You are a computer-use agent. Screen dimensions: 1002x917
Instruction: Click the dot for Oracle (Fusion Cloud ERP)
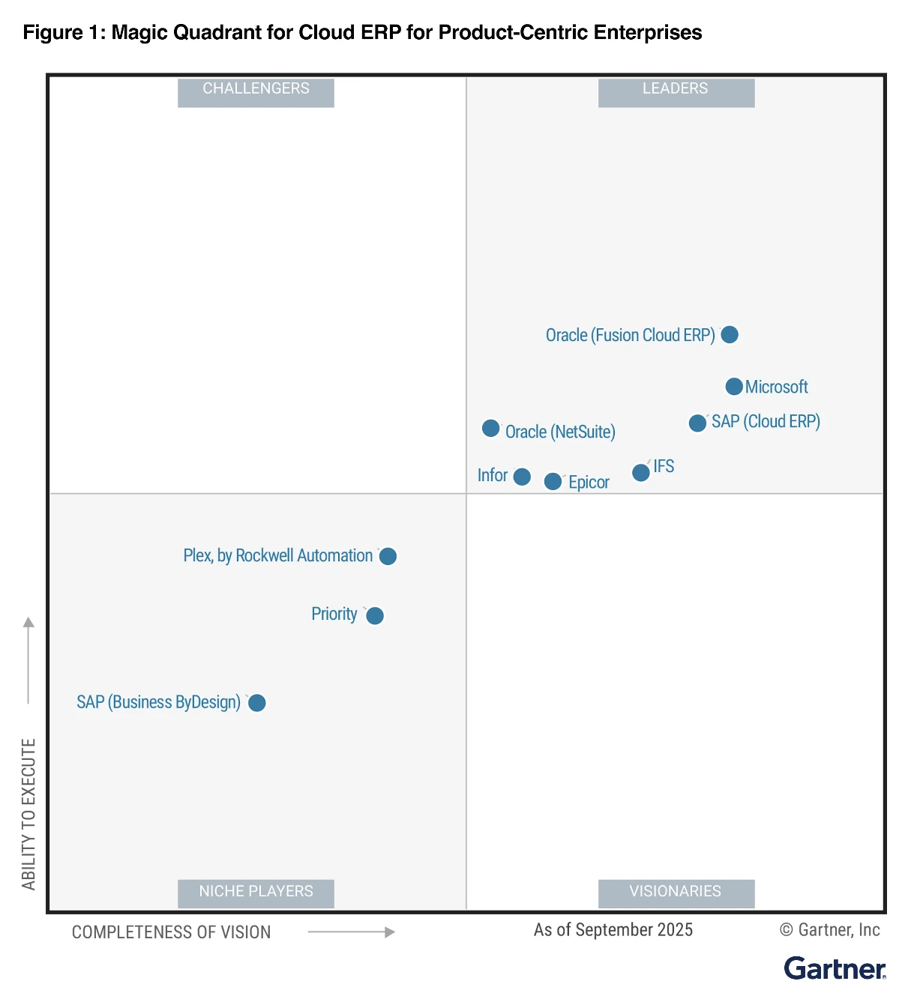[x=729, y=334]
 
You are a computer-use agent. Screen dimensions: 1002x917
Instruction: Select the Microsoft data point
[x=734, y=387]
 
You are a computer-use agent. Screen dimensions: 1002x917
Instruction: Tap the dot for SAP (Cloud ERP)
[x=697, y=423]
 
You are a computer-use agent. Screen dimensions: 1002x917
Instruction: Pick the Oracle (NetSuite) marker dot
[x=491, y=428]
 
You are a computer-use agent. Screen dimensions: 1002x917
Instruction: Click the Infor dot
[x=522, y=477]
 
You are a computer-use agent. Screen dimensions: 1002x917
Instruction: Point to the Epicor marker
[x=553, y=481]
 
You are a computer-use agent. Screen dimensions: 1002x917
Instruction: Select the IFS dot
[x=640, y=472]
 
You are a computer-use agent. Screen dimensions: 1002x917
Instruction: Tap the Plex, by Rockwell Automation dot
[x=388, y=556]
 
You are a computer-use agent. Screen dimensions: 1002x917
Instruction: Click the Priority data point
[x=375, y=615]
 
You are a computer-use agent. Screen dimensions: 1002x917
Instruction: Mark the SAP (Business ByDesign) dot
[x=256, y=702]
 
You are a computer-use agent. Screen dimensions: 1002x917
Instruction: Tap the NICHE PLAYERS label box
[x=256, y=892]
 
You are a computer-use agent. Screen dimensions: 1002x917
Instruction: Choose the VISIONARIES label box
[x=676, y=892]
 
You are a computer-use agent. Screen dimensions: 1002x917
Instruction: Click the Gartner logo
[x=835, y=968]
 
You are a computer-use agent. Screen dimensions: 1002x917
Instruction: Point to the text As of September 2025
[x=613, y=930]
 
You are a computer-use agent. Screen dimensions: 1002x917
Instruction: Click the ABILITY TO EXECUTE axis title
[x=28, y=814]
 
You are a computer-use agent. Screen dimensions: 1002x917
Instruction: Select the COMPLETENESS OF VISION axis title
[x=171, y=932]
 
